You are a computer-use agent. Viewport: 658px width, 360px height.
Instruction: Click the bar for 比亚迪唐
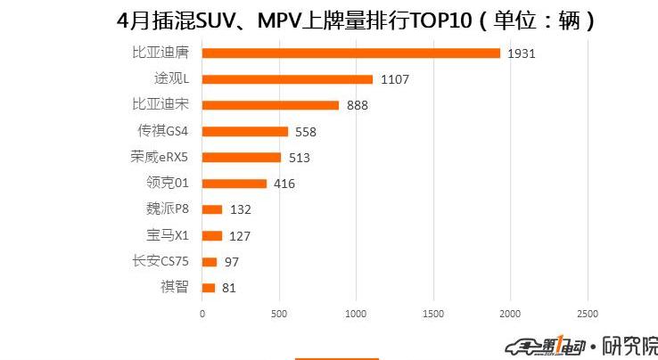(350, 53)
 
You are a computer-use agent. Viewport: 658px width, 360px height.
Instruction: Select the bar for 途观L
(287, 78)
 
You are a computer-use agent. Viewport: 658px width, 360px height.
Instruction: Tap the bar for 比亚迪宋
(270, 105)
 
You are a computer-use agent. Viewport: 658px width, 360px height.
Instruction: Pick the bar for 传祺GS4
(245, 131)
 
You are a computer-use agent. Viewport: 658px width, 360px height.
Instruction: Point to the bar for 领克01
(234, 184)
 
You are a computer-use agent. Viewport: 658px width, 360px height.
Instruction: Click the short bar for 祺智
(209, 288)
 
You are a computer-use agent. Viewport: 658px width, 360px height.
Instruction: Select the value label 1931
(521, 53)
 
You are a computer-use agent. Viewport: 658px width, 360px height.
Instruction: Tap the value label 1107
(394, 79)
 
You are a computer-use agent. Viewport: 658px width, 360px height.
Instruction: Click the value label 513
(299, 158)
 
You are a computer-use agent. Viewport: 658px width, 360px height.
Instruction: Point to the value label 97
(231, 262)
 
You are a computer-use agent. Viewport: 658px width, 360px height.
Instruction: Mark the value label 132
(241, 210)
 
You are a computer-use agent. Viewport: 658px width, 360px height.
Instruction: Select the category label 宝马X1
(167, 235)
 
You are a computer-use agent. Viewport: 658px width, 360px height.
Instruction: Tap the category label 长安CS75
(160, 261)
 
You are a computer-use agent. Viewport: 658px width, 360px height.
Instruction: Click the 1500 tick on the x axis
(433, 315)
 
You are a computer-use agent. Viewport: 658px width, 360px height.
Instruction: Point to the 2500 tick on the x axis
(588, 315)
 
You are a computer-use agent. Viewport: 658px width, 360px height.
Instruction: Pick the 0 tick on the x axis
(202, 315)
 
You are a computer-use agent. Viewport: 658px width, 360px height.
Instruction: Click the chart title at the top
(356, 19)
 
